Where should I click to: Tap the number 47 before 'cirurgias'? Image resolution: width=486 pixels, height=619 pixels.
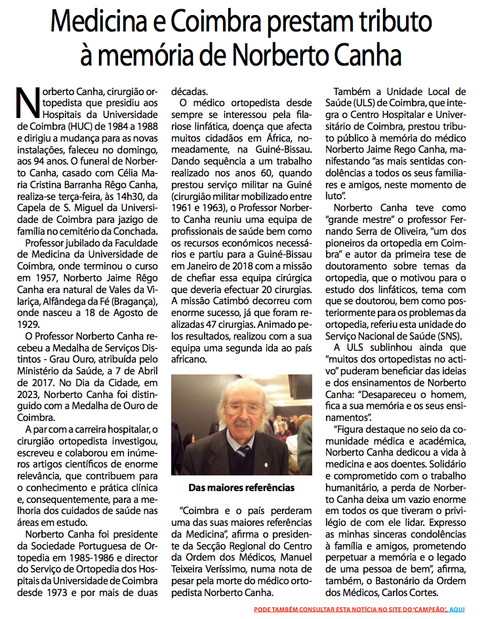pyautogui.click(x=224, y=324)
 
